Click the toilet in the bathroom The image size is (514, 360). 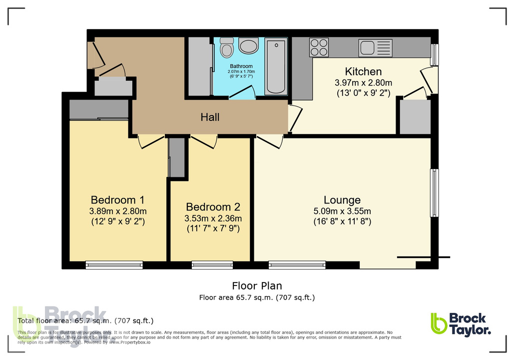pos(226,48)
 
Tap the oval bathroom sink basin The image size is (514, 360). pos(248,47)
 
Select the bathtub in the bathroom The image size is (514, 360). pos(276,66)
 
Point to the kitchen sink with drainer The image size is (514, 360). pos(375,48)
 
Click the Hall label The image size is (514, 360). pos(210,117)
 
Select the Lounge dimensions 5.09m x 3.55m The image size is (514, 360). pos(342,211)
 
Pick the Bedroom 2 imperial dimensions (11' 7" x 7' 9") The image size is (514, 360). pos(213,229)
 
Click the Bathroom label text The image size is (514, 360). pos(241,66)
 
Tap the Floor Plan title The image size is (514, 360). pos(257,286)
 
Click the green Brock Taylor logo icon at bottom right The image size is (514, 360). pos(439,323)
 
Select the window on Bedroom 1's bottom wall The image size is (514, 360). pos(114,265)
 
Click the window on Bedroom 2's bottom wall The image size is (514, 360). pos(212,265)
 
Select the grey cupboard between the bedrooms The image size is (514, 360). pos(176,157)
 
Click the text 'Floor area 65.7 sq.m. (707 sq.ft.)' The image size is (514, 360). pos(257,298)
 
